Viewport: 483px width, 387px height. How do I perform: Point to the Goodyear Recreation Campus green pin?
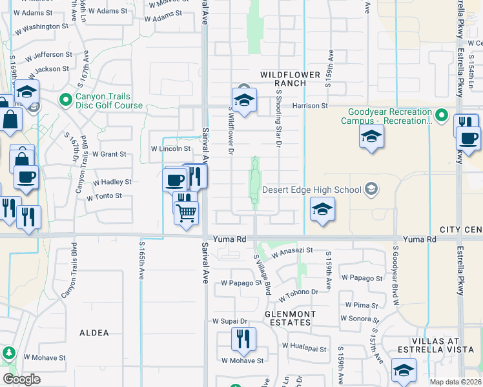coord(442,115)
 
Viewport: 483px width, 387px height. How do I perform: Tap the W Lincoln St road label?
coord(170,149)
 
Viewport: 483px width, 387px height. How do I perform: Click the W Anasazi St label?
coord(292,252)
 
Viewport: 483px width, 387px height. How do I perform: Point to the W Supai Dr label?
coord(231,321)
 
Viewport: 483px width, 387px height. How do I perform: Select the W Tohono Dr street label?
coord(299,295)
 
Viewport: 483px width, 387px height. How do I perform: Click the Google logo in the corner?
coord(21,379)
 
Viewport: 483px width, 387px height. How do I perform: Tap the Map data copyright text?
coord(456,382)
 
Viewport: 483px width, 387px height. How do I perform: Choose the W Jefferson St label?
coord(48,55)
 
